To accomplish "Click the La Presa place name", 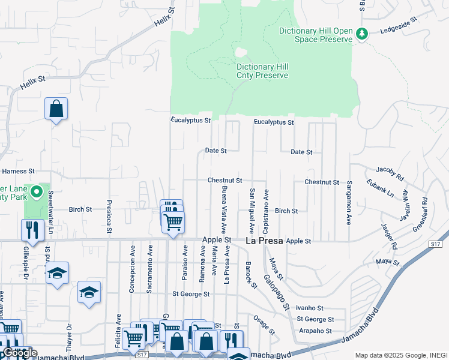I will [265, 241].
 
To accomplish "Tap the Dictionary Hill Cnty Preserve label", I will [262, 71].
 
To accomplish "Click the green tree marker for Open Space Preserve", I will [362, 34].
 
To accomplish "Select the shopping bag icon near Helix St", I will [56, 109].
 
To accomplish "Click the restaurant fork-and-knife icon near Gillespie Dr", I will [32, 230].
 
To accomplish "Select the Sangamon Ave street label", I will [348, 203].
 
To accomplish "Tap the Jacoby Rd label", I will [391, 173].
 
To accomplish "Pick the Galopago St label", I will [275, 291].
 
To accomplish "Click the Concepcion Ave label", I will [132, 277].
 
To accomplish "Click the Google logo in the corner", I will [20, 353].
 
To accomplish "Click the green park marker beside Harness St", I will [36, 193].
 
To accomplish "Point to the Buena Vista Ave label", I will [223, 209].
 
